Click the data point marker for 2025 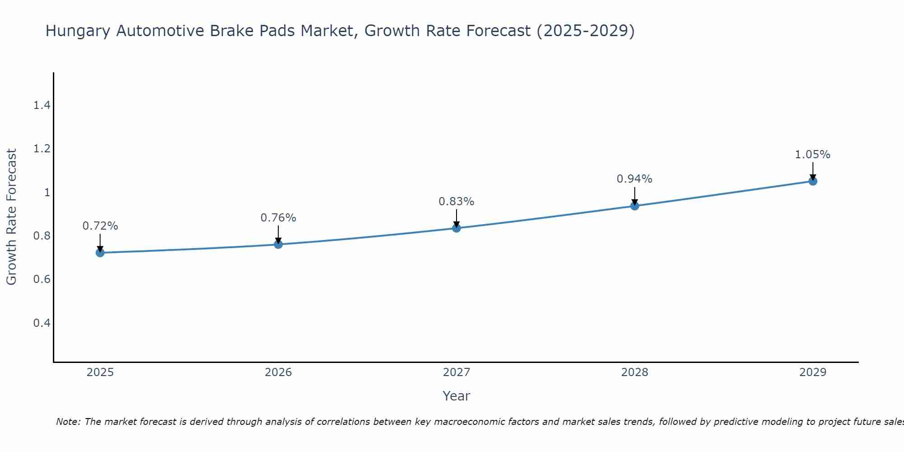coord(100,253)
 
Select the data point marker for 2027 coord(457,228)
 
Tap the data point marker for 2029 coord(813,181)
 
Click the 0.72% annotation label coord(100,226)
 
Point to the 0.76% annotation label coord(278,218)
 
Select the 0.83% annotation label coord(457,202)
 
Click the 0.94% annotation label coord(635,179)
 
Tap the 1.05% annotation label coord(813,155)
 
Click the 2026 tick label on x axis coord(278,372)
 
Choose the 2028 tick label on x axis coord(635,372)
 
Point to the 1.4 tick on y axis coord(42,105)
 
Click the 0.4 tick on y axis coord(42,323)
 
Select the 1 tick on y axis coord(46,193)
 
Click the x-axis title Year coord(457,396)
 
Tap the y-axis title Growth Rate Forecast coord(11,217)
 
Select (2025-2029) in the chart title coord(585,31)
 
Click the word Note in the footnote coord(68,422)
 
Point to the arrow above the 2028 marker coord(635,196)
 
